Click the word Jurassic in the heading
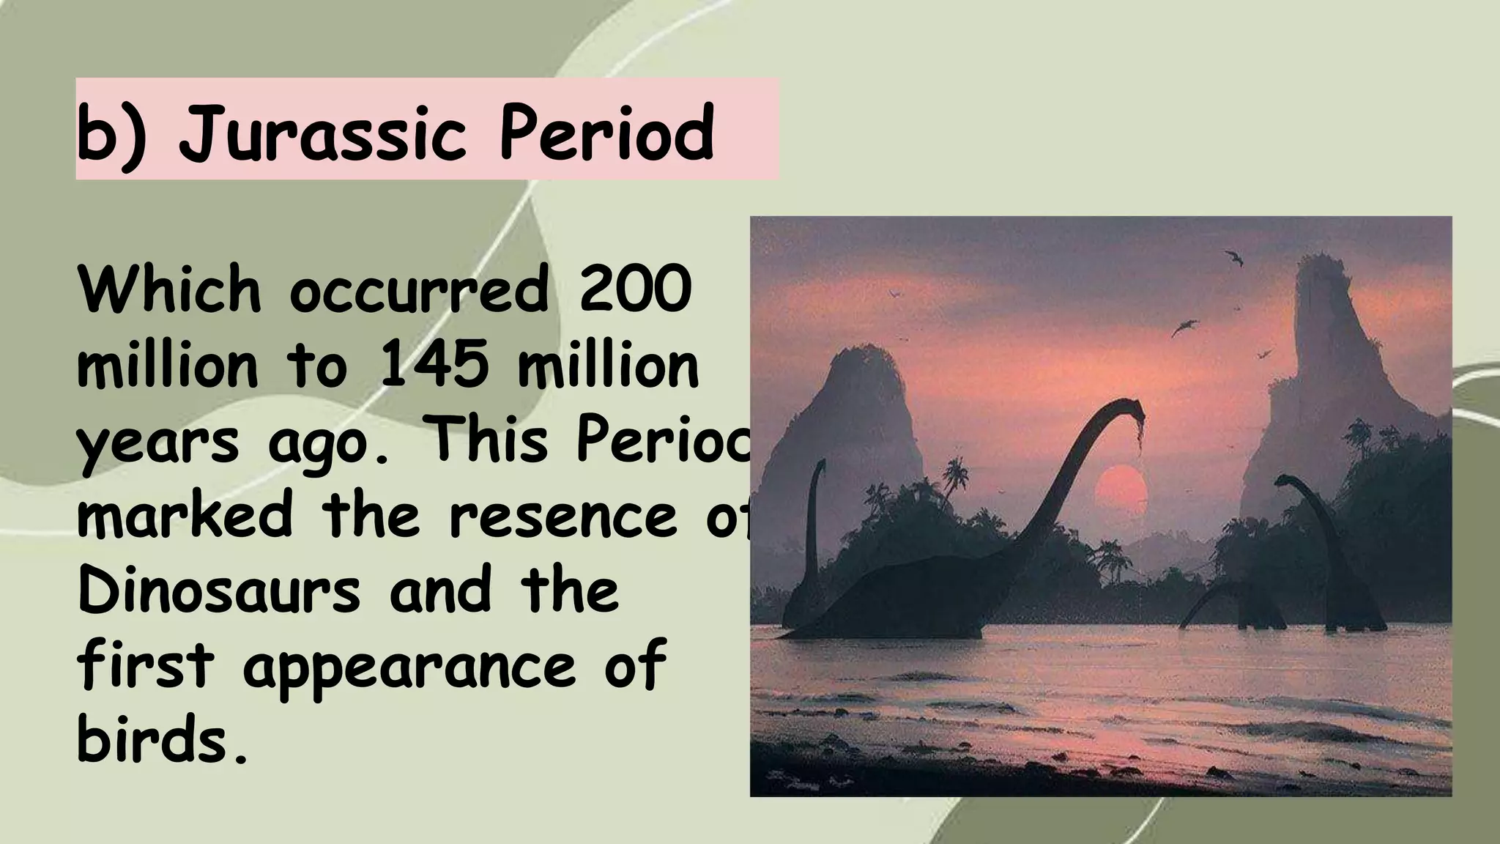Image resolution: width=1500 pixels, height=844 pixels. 322,134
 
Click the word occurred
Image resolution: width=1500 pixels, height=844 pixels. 418,289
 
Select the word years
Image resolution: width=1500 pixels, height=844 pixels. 157,443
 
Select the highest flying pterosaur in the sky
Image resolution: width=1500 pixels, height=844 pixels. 1234,257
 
